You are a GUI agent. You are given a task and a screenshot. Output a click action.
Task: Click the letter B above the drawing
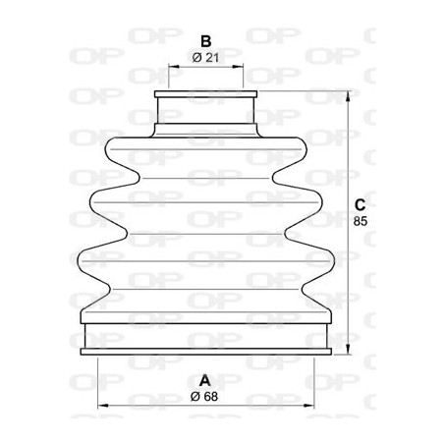tap(206, 41)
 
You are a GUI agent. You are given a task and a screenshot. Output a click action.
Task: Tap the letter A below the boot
tap(205, 380)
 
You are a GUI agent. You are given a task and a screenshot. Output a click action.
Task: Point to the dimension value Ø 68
tap(205, 396)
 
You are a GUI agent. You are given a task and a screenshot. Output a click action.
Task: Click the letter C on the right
tap(360, 205)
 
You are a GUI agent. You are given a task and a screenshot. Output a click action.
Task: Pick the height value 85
tap(360, 222)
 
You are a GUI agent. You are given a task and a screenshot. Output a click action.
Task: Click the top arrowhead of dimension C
tap(347, 95)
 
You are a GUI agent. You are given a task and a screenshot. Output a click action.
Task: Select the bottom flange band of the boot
tap(206, 338)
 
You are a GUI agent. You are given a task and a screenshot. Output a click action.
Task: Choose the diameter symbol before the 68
tap(196, 396)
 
